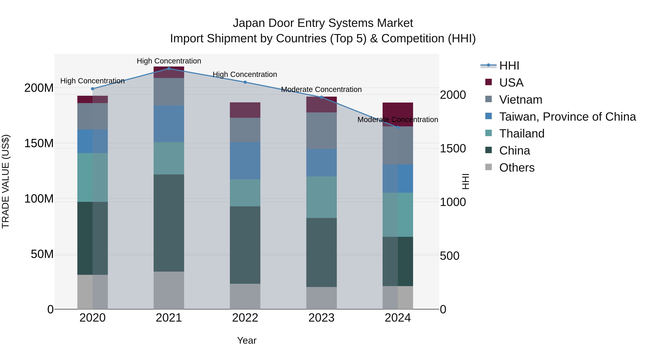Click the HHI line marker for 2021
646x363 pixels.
tap(169, 68)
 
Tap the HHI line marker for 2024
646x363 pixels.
tap(398, 127)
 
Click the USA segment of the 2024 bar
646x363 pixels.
tap(398, 114)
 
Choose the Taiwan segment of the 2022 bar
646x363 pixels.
tap(245, 161)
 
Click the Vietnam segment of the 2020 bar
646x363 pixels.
tap(93, 116)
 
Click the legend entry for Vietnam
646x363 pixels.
tap(520, 100)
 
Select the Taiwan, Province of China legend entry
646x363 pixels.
tap(567, 117)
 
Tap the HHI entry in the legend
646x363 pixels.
tap(509, 66)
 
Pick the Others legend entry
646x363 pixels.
tap(517, 168)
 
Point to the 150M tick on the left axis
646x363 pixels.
tap(39, 143)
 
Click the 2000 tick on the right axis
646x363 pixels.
tap(453, 95)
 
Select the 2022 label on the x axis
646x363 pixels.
tap(245, 318)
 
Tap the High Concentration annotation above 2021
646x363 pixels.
tap(169, 61)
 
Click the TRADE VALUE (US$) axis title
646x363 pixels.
tap(6, 181)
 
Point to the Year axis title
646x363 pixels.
tap(247, 340)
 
